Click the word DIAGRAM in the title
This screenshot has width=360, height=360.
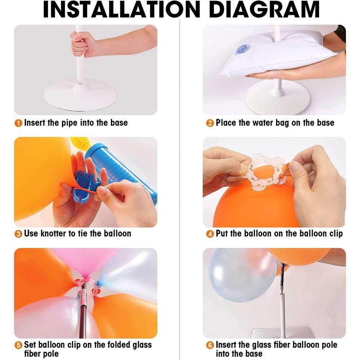264,9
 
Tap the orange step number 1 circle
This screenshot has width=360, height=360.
18,123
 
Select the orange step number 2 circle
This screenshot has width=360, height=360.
210,123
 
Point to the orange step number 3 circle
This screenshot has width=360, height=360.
18,234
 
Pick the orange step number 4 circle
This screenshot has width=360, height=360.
210,234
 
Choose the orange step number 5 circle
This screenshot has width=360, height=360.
18,345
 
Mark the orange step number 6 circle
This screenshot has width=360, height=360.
210,345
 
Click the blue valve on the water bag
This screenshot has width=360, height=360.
242,49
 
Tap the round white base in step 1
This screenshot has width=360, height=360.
81,95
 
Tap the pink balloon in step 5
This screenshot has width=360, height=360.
84,262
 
